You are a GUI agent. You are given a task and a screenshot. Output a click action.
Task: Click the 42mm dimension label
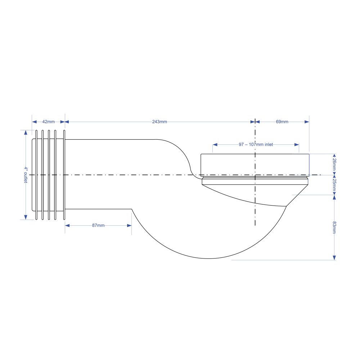click(x=49, y=122)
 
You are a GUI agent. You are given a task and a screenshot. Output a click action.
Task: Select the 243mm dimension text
click(x=159, y=122)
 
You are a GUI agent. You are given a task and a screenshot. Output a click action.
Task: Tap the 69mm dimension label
click(x=282, y=122)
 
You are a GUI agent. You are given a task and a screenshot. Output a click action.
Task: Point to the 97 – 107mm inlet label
click(x=256, y=144)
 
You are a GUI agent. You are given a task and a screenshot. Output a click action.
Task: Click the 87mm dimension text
click(x=98, y=225)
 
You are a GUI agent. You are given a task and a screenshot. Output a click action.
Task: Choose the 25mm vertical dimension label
click(x=334, y=185)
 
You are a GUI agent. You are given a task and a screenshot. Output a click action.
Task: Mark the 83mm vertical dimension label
click(x=334, y=228)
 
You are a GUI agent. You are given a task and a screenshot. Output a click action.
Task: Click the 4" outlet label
click(x=26, y=175)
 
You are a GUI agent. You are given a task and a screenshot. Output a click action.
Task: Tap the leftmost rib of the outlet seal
click(x=36, y=175)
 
